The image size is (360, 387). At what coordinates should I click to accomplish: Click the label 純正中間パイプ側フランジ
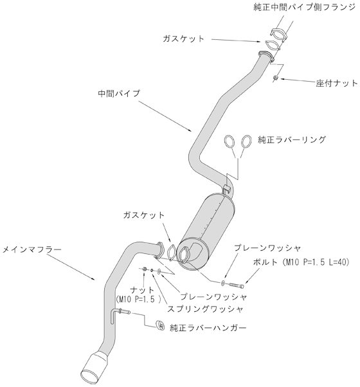[304, 7]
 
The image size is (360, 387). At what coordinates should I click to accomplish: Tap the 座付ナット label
[337, 83]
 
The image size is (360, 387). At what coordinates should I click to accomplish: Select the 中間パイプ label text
[119, 93]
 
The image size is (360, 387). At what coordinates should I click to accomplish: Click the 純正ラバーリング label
[292, 139]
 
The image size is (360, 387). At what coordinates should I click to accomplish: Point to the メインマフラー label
[32, 250]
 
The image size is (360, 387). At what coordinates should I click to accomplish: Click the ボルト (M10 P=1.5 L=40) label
[301, 262]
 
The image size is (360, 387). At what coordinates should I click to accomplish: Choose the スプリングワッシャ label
[205, 309]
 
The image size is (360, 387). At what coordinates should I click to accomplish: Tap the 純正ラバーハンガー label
[208, 328]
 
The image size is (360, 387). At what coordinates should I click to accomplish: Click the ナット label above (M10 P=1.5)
[142, 289]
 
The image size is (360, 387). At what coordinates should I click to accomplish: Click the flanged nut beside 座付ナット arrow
[276, 78]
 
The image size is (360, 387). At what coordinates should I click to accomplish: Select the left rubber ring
[230, 141]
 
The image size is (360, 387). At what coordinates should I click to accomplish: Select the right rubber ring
[246, 141]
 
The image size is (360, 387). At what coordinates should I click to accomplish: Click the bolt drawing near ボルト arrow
[237, 285]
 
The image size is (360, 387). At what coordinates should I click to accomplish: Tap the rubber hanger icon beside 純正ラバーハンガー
[160, 325]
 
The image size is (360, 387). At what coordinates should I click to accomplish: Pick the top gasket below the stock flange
[273, 46]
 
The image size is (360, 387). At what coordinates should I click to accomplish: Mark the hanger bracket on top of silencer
[226, 188]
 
